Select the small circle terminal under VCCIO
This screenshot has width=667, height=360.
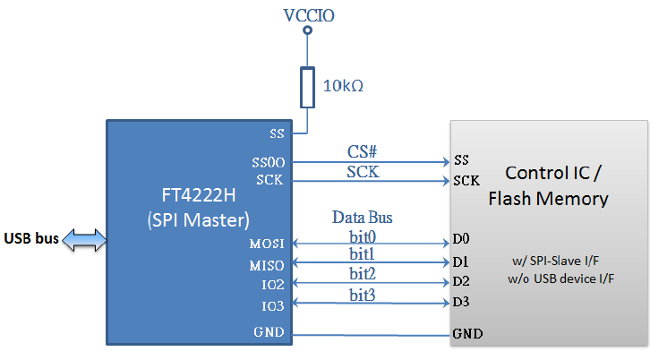[x=309, y=31]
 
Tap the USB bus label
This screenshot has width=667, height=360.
[x=31, y=238]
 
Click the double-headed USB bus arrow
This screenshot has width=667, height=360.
[x=86, y=238]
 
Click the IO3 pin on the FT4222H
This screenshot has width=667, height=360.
[x=272, y=306]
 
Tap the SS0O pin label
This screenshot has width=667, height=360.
[x=269, y=163]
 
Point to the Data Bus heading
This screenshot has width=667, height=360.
[x=363, y=217]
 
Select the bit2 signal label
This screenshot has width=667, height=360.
[x=363, y=272]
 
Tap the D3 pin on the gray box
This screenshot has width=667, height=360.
[x=461, y=301]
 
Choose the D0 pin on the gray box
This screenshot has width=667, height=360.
[x=461, y=239]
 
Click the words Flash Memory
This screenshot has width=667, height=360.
[x=548, y=198]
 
